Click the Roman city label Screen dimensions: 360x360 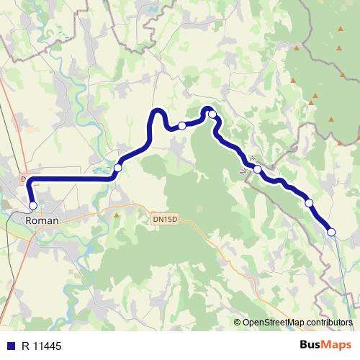tap(40, 221)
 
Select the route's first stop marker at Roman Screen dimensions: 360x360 tap(32, 206)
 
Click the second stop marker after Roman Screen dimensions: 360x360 tap(117, 167)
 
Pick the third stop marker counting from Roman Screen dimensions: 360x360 tap(182, 126)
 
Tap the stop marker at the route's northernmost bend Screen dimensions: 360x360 tap(212, 114)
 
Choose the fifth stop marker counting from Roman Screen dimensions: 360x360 tap(257, 169)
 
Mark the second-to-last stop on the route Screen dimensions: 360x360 tap(309, 203)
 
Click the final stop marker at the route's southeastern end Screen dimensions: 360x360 tap(331, 232)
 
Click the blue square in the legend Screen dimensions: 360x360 tap(11, 345)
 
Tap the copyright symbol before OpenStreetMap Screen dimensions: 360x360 tap(238, 323)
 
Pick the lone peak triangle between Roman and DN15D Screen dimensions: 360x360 tap(116, 215)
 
